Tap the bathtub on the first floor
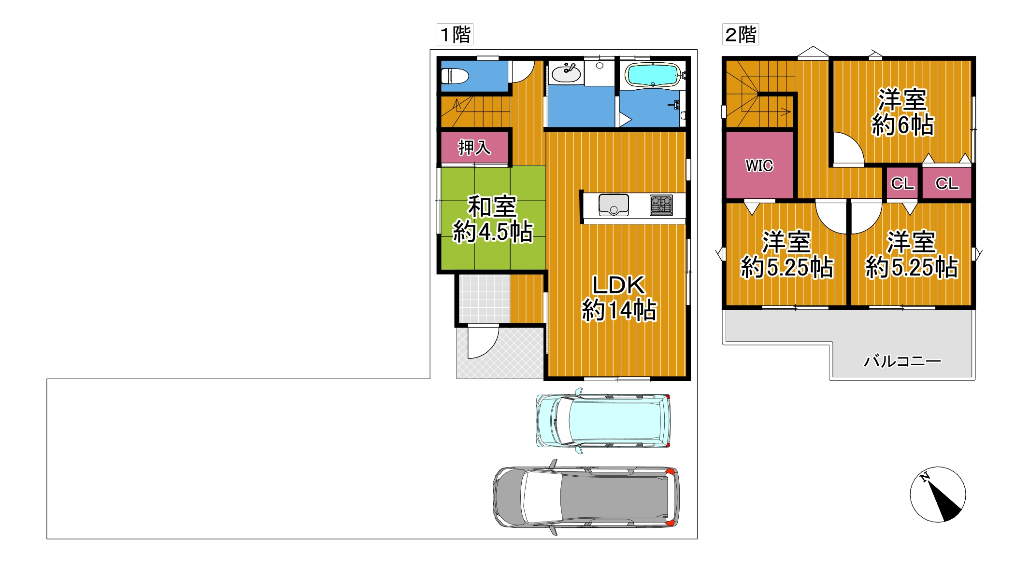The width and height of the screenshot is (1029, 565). (652, 75)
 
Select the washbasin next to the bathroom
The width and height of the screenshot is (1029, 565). (566, 73)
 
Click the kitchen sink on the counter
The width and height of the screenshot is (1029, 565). (614, 205)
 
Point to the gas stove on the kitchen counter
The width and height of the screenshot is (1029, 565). (661, 205)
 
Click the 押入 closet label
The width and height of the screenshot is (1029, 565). (474, 147)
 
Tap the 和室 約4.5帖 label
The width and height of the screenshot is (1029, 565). (493, 219)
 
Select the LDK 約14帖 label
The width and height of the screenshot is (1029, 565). (619, 298)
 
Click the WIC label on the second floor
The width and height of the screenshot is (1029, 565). (759, 165)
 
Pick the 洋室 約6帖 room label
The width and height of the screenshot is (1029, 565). (902, 112)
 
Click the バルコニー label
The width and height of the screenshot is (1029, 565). (902, 361)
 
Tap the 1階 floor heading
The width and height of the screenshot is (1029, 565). (455, 34)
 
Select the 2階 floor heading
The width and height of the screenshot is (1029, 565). (741, 34)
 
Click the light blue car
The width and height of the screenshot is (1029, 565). (603, 421)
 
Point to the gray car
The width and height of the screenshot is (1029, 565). (586, 496)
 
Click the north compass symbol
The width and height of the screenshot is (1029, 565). (938, 495)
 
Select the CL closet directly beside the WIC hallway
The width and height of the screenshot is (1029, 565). (902, 183)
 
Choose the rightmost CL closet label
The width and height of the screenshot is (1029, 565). (947, 183)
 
